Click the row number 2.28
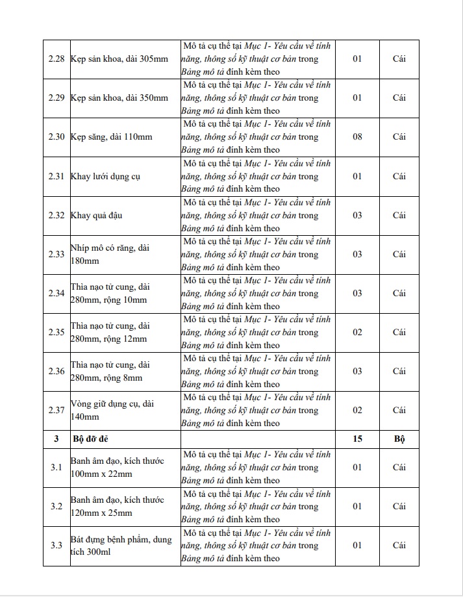56,59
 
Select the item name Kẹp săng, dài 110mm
111,137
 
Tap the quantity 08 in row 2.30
357,136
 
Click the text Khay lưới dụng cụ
105,176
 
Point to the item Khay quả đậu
97,215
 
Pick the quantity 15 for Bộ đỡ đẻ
357,439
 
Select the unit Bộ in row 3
399,439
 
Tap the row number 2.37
56,410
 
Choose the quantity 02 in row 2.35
357,332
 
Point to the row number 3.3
56,545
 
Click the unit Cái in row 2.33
399,254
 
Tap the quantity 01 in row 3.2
357,506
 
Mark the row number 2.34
56,293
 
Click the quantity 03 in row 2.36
357,371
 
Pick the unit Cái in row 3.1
399,467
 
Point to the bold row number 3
56,439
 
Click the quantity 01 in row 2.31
357,175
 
